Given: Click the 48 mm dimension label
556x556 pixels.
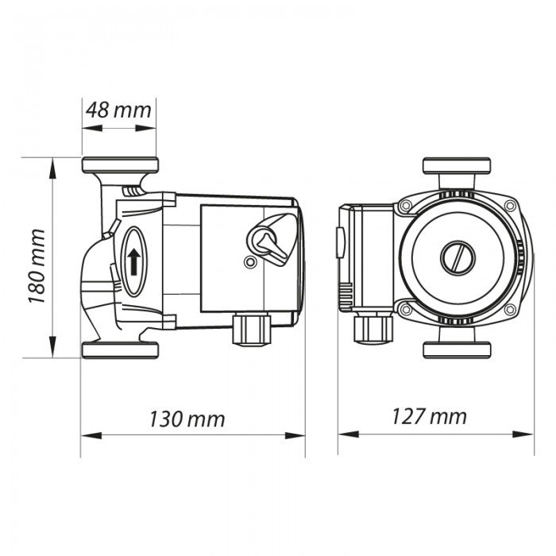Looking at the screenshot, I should (119, 110).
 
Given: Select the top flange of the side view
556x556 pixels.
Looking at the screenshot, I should (120, 165).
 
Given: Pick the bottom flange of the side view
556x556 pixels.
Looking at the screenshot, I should (120, 349).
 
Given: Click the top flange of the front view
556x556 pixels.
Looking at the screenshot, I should (459, 165).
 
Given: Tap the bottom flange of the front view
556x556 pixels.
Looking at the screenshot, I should (459, 349).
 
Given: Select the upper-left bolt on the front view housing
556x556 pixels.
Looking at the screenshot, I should (406, 207).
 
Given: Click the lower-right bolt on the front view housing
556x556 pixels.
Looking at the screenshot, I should (512, 308).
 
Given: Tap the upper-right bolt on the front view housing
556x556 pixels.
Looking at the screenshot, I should (512, 207).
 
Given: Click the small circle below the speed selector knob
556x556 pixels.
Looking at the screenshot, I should (251, 263).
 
